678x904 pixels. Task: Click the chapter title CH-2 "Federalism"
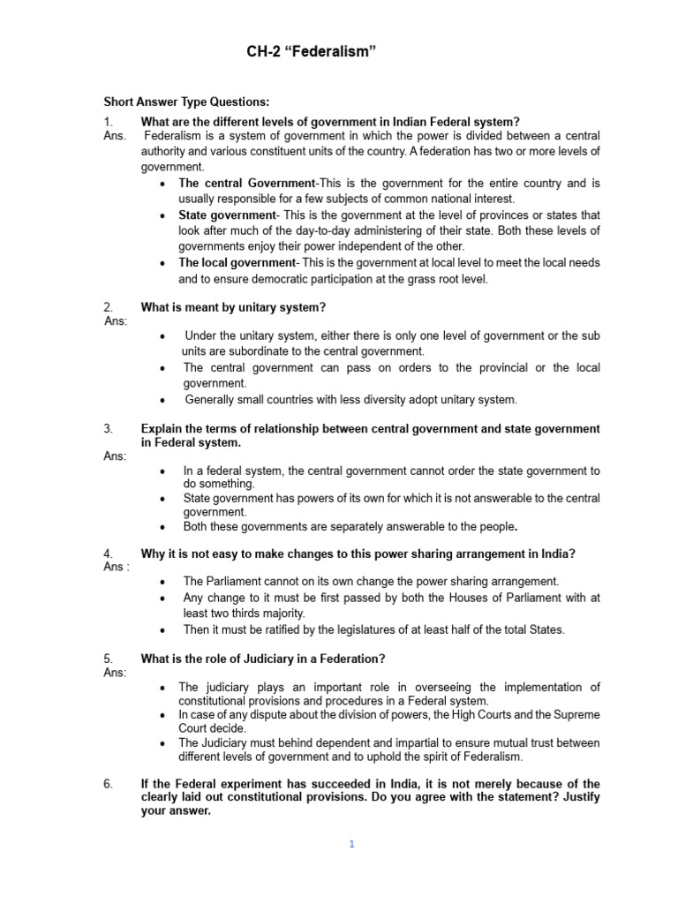coord(311,54)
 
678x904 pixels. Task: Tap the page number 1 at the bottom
coord(350,844)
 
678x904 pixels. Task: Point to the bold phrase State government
coord(227,215)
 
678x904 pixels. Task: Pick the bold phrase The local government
coord(236,263)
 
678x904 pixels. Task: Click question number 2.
coord(108,306)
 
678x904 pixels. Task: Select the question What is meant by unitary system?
coord(234,306)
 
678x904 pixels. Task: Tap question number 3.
coord(108,428)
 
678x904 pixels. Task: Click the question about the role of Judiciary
coord(262,659)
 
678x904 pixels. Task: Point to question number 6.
coord(108,784)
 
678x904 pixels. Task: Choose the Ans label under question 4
coord(117,567)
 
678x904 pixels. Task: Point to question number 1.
coord(108,121)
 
